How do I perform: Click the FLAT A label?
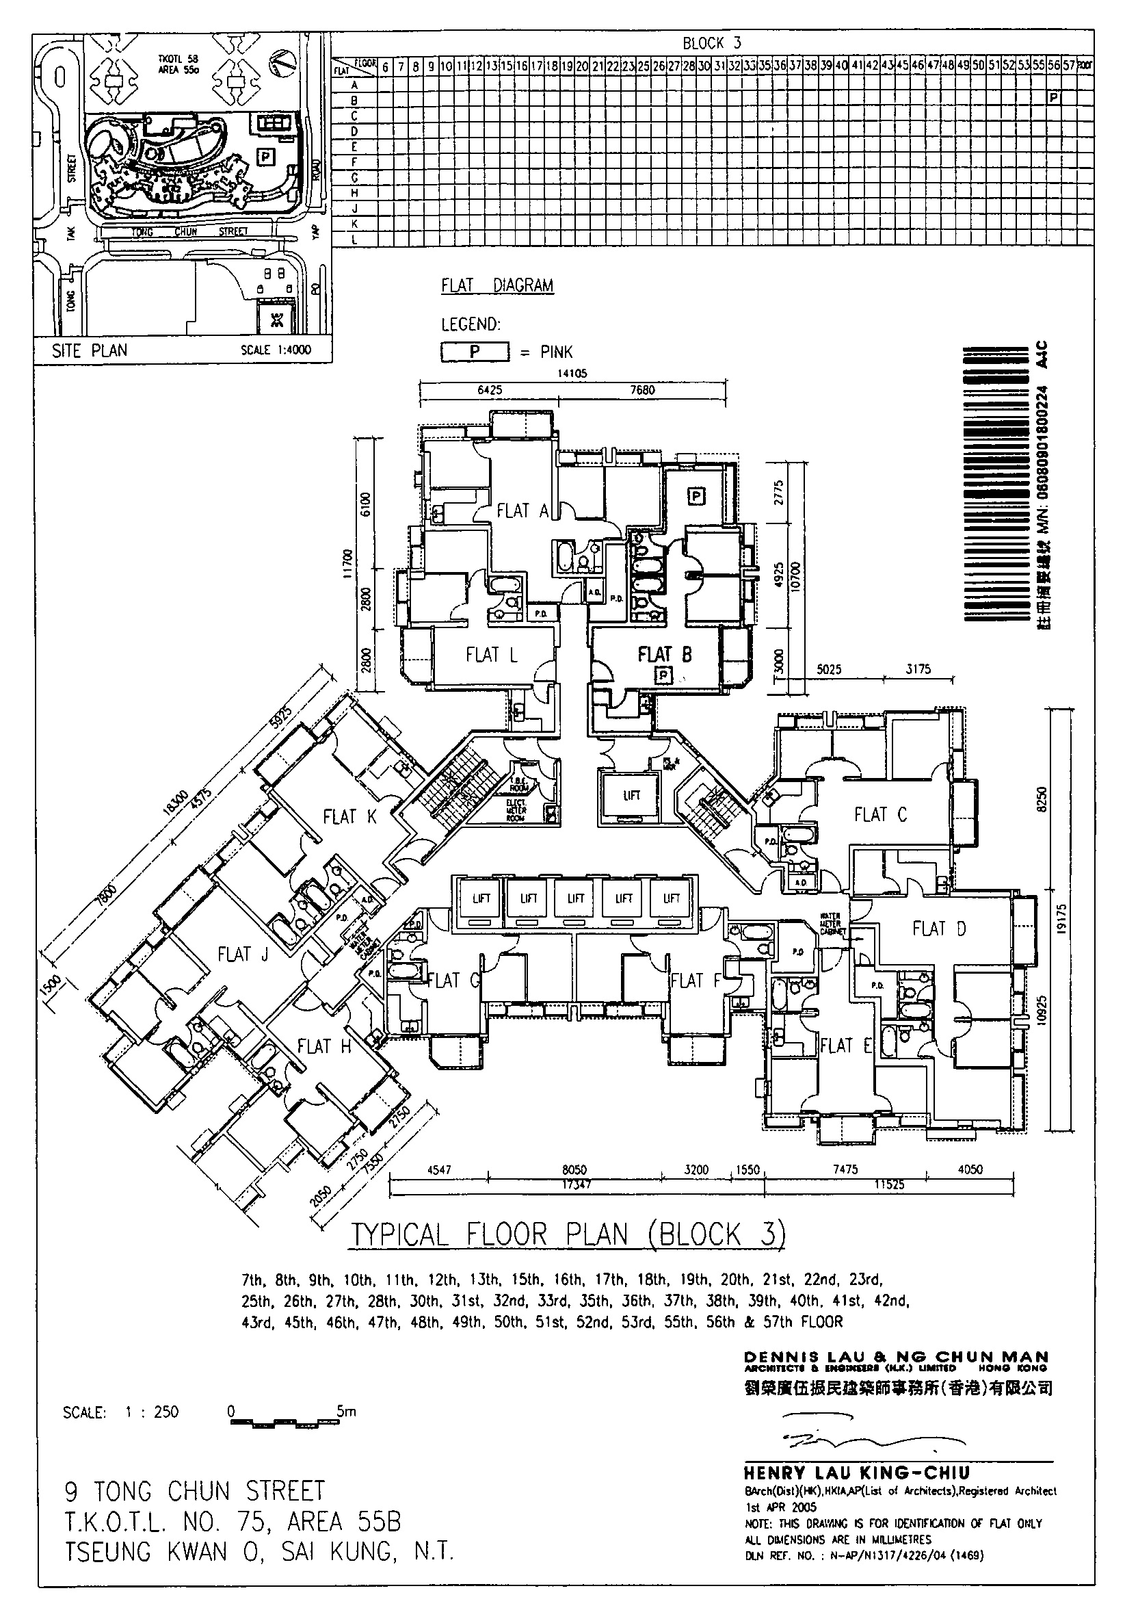tap(522, 511)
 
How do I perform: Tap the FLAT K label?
tap(349, 816)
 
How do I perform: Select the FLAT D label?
tap(939, 929)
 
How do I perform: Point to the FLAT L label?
tap(492, 655)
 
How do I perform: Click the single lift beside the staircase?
tap(631, 796)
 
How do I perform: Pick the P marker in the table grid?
tap(1054, 97)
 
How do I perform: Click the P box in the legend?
tap(475, 352)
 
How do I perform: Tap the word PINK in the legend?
tap(557, 352)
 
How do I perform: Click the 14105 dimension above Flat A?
tap(572, 374)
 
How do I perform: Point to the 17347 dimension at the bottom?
tap(576, 1184)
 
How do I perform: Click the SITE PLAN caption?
tap(90, 350)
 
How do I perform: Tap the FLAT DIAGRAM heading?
tap(497, 286)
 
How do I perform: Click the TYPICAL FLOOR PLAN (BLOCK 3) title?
tap(568, 1234)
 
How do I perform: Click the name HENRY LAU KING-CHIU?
tap(857, 1473)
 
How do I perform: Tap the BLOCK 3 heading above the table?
tap(712, 43)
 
